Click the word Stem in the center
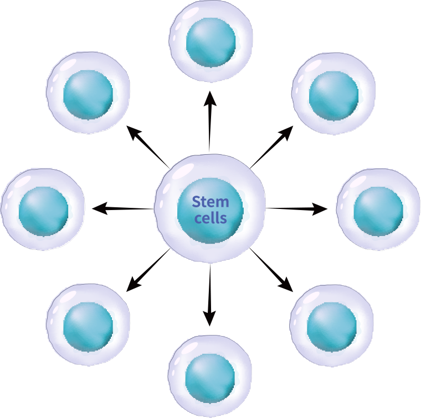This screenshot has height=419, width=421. pyautogui.click(x=210, y=202)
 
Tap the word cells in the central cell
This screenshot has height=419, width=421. pyautogui.click(x=210, y=218)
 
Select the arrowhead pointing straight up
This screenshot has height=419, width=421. pyautogui.click(x=209, y=98)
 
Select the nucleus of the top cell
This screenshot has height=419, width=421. pyautogui.click(x=210, y=42)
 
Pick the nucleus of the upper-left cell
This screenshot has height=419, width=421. pyautogui.click(x=88, y=94)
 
